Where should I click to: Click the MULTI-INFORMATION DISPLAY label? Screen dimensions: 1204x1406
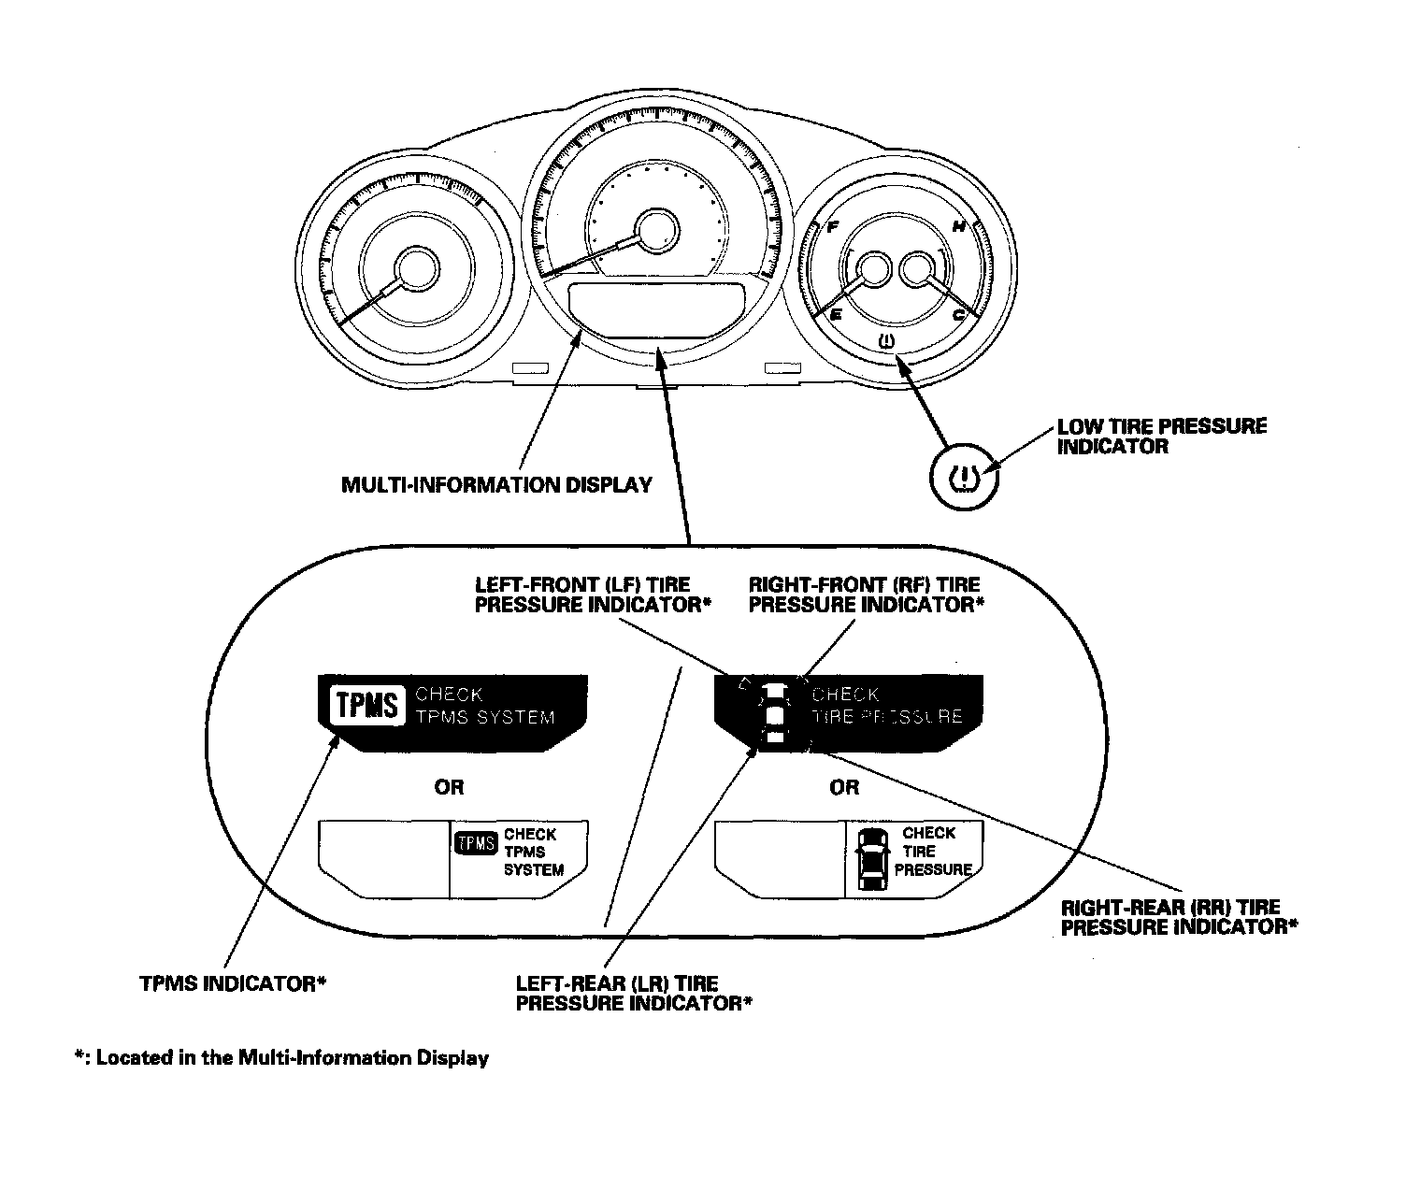tap(496, 485)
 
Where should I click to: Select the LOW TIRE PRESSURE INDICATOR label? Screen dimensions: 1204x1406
tap(1161, 436)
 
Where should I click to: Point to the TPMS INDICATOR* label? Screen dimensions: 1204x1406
tap(232, 983)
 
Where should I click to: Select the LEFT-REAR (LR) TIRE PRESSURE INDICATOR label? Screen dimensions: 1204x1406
tap(634, 994)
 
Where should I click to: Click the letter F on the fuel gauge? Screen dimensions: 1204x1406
tap(832, 226)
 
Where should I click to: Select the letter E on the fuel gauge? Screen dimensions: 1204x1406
tap(836, 315)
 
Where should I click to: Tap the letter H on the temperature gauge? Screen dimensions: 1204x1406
tap(958, 226)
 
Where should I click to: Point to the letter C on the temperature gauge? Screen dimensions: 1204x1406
tap(958, 315)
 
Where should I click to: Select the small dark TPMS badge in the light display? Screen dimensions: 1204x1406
tap(475, 842)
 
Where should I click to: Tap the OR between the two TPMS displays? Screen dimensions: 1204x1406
tap(449, 787)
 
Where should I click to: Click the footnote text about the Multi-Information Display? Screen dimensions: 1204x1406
tap(282, 1058)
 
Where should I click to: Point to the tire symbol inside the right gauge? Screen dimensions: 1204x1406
tap(887, 340)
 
